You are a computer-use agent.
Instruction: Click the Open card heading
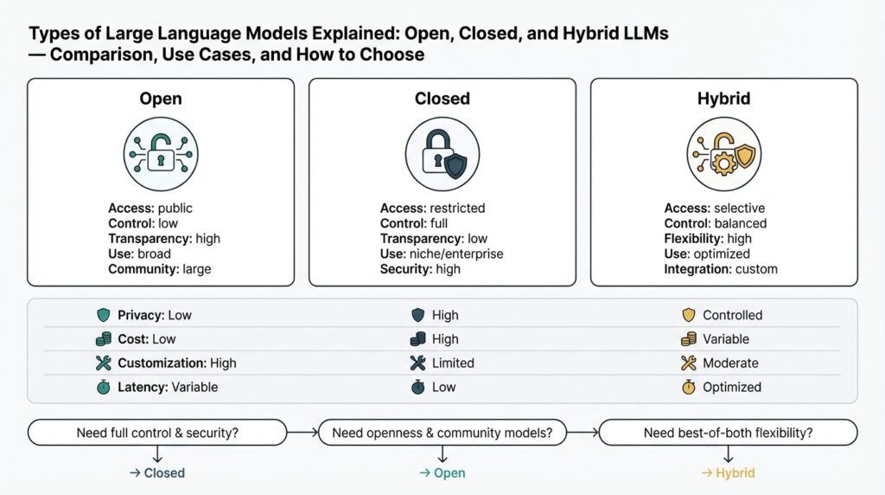[161, 99]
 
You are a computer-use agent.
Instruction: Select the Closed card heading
[442, 99]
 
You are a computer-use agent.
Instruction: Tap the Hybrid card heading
[723, 99]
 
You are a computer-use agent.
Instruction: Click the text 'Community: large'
[159, 269]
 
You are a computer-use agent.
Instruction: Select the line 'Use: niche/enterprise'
[442, 254]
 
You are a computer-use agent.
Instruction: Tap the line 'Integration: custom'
[721, 269]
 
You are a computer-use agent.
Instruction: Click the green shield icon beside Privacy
[104, 316]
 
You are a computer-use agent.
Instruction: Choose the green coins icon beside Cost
[104, 339]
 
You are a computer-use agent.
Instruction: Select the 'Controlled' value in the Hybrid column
[732, 316]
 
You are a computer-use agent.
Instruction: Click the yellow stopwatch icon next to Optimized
[688, 388]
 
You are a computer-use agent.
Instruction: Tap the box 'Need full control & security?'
[157, 433]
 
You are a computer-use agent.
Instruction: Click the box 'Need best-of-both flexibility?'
[728, 433]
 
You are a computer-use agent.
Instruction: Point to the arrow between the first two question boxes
[302, 433]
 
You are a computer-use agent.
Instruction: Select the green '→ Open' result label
[442, 473]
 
